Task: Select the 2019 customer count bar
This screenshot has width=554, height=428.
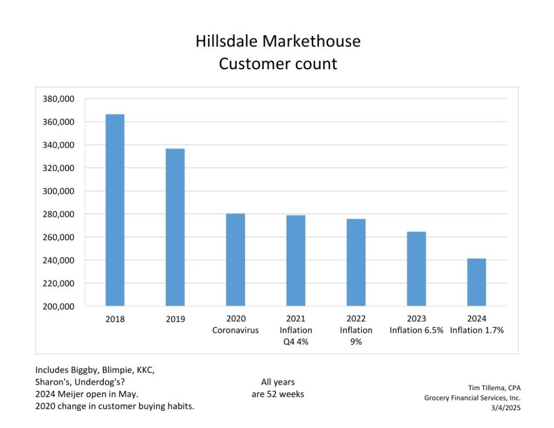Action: (175, 227)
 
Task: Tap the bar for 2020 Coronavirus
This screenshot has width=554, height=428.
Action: (235, 260)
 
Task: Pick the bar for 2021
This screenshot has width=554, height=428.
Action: (296, 260)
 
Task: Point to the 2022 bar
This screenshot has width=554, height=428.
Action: (356, 262)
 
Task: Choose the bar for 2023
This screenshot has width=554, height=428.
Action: (417, 269)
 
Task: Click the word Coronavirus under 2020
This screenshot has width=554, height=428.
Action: (235, 330)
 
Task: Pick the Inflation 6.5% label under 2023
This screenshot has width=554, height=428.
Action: (416, 330)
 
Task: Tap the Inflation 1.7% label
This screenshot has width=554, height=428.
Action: (477, 330)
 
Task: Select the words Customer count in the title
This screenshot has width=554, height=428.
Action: (278, 64)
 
